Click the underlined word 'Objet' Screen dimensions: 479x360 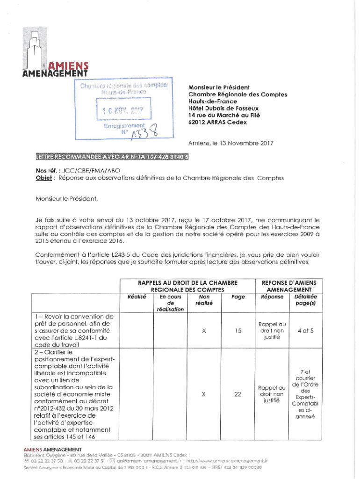[43, 178]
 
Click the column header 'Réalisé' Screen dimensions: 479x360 [137, 296]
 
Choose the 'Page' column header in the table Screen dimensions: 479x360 [238, 296]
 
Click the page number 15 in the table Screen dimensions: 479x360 [238, 331]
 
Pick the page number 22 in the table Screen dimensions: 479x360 [238, 394]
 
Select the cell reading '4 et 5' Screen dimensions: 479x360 [305, 331]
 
